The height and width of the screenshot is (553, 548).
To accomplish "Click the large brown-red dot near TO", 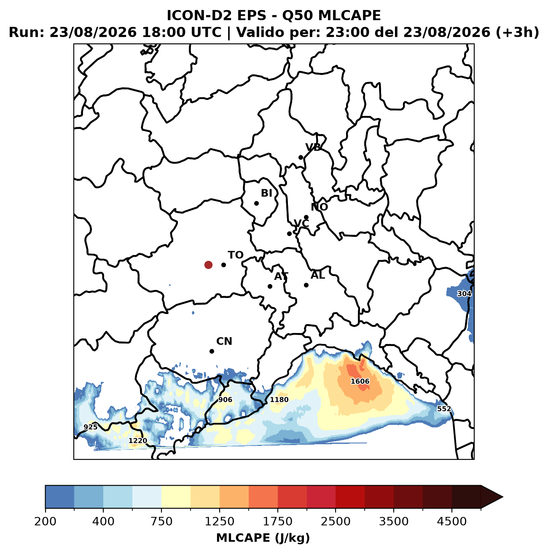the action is click(208, 265).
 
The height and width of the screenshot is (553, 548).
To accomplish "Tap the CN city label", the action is click(224, 341).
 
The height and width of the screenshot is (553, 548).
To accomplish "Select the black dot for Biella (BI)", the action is click(256, 203).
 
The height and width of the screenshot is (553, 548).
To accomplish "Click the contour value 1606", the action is click(360, 381).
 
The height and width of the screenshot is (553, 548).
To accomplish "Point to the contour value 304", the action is click(464, 294).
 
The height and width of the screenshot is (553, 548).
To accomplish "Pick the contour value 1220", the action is click(138, 440).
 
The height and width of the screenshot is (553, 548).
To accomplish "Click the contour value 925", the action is click(91, 427).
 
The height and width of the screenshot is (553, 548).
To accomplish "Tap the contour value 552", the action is click(444, 409).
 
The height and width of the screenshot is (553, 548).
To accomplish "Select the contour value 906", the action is click(225, 400).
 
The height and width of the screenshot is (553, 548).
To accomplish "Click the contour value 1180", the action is click(279, 400).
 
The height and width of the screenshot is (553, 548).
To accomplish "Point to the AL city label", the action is click(318, 275).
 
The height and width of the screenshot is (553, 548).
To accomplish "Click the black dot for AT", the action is click(270, 286).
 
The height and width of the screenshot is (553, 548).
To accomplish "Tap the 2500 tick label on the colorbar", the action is click(336, 521).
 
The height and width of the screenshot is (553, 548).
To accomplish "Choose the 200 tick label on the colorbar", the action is click(46, 521).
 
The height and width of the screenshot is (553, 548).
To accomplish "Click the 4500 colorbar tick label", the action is click(452, 521).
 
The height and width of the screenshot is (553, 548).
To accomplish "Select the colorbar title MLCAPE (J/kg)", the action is click(263, 538).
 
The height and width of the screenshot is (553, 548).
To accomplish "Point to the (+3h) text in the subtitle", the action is click(517, 32).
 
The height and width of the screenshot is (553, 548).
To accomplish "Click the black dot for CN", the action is click(212, 351).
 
